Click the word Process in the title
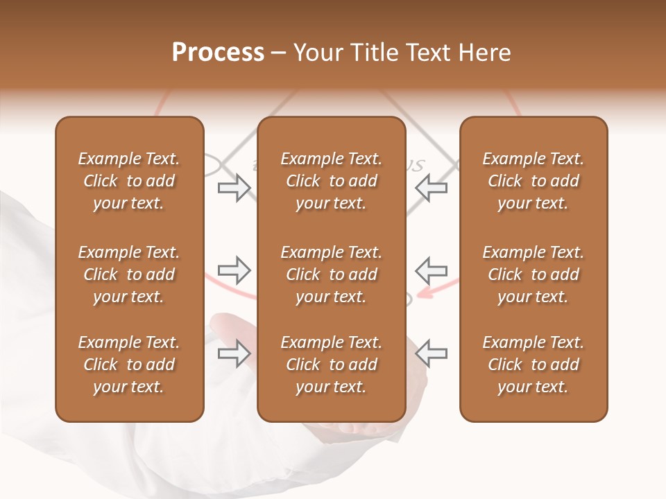click(218, 53)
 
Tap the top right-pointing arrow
click(234, 188)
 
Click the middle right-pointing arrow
click(234, 270)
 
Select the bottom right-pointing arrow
click(234, 353)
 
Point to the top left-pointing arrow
click(432, 188)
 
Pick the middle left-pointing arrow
click(432, 270)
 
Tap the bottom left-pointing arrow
click(432, 353)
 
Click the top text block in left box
click(129, 181)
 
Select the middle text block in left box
click(129, 274)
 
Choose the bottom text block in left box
click(129, 365)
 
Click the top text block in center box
click(331, 181)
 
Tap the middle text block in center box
click(331, 274)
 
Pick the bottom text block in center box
click(331, 365)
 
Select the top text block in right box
click(533, 181)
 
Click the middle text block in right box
click(533, 274)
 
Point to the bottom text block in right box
click(533, 365)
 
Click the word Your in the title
click(316, 53)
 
